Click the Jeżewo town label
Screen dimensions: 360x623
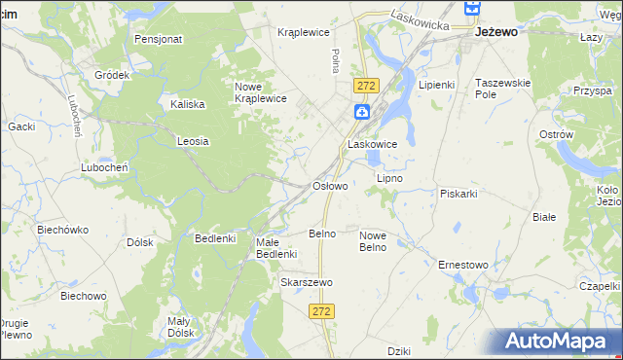pos(495,31)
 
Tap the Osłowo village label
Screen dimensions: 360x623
pos(329,185)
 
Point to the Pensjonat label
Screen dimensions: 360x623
pos(159,40)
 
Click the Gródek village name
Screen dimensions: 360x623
pos(112,75)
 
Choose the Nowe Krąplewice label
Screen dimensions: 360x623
pos(260,91)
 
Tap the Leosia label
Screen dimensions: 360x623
pos(193,141)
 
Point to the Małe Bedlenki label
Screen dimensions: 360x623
pos(275,248)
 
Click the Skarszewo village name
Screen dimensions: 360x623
pos(307,282)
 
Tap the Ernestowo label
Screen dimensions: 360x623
pos(462,265)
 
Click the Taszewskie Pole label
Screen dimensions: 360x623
pos(502,89)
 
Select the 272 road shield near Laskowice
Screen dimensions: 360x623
pos(366,86)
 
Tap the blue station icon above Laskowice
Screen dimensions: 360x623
pos(361,113)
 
